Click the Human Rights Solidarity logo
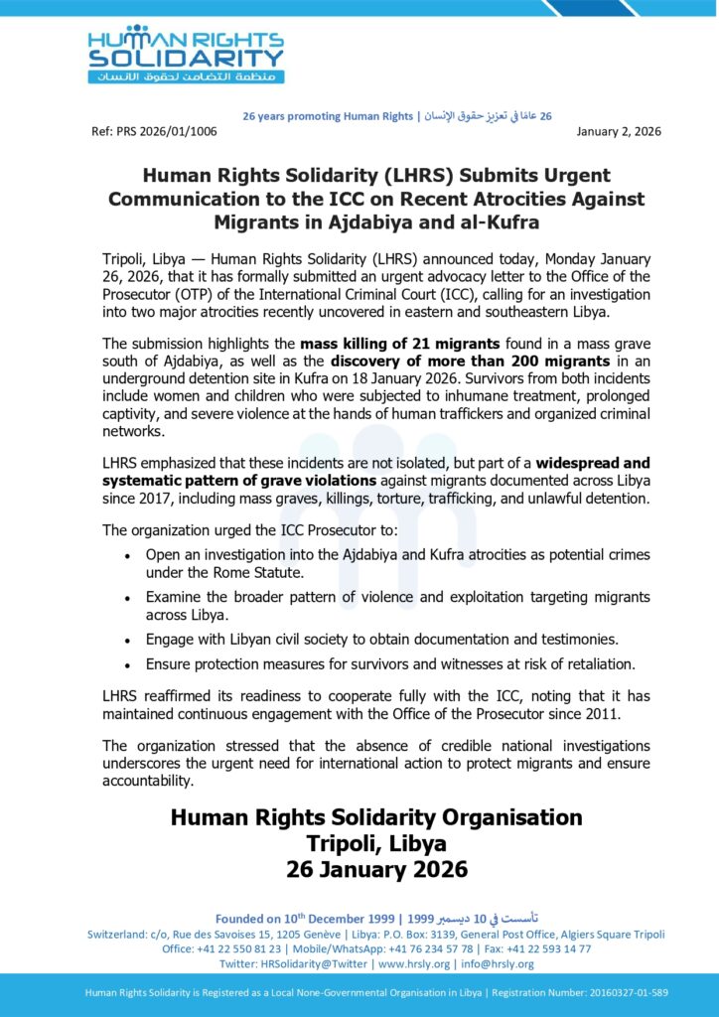click(x=186, y=54)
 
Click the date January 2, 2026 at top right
click(x=619, y=131)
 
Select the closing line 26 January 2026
click(x=375, y=869)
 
